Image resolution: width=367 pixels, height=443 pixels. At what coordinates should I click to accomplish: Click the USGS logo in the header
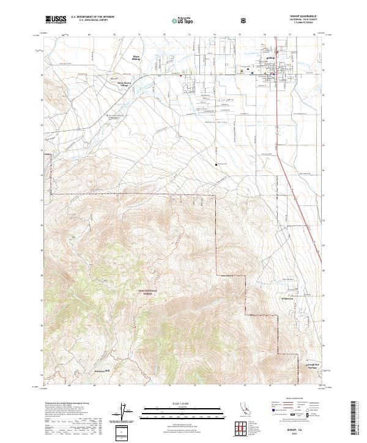(56, 20)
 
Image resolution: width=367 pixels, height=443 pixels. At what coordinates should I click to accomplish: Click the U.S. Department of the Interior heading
(92, 17)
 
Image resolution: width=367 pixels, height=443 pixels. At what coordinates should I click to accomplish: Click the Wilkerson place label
(287, 298)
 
